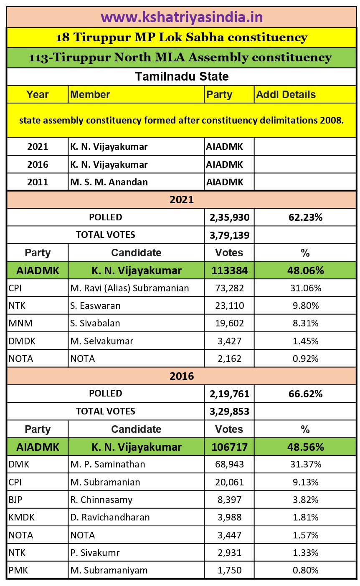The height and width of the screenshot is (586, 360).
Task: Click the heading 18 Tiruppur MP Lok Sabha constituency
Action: click(182, 38)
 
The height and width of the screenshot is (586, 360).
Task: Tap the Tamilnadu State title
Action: click(182, 77)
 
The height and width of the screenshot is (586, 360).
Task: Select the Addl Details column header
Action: click(286, 95)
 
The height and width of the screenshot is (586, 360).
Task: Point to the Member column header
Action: click(90, 95)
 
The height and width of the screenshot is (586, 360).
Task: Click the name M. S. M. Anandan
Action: click(109, 182)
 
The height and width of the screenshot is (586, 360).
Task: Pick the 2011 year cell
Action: click(38, 182)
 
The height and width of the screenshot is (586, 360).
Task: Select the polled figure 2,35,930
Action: click(229, 217)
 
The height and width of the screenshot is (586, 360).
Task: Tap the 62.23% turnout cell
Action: click(305, 217)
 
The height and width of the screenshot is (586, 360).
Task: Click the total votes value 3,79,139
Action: click(229, 235)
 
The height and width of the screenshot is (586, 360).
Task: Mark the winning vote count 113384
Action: click(229, 270)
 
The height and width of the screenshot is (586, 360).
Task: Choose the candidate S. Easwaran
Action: click(95, 306)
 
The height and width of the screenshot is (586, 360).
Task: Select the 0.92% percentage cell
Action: click(305, 359)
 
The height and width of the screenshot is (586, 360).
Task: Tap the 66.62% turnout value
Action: click(305, 394)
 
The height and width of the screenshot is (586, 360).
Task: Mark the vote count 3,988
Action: click(229, 517)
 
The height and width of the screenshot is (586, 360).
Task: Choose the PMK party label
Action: click(18, 570)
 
